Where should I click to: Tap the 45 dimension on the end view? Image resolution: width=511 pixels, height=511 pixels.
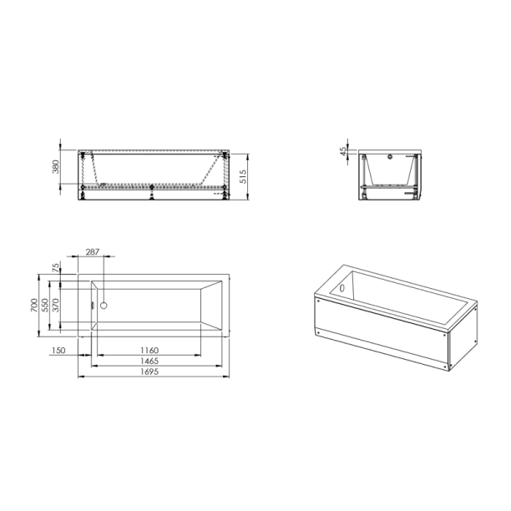(x=342, y=151)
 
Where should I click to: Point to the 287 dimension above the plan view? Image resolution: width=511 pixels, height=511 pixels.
(x=93, y=251)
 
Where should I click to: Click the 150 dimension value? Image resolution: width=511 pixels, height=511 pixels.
(x=58, y=350)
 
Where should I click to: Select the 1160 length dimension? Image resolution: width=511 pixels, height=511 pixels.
(x=149, y=350)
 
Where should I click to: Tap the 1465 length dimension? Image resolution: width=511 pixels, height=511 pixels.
(x=149, y=361)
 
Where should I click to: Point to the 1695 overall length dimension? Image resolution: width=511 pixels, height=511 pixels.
(x=149, y=372)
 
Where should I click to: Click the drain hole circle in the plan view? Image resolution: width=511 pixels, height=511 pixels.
(x=104, y=306)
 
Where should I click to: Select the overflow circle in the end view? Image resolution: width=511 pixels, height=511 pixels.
(x=392, y=159)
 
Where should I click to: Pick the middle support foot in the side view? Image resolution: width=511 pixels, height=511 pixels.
(x=151, y=195)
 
